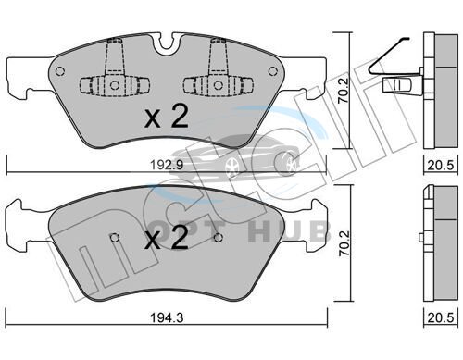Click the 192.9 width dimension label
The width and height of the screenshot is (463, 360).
point(167,166)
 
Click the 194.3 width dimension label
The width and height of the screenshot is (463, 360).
point(167,317)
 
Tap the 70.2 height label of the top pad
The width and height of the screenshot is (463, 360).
point(343,90)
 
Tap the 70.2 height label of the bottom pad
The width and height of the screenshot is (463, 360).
point(344,242)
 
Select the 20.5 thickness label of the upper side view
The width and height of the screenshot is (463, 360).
point(441,166)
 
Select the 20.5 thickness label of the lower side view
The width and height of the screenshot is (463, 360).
point(441,317)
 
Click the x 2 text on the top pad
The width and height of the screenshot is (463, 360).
point(167,117)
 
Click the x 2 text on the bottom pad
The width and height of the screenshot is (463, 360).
point(167,239)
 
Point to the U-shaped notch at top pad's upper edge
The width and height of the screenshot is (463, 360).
point(167,43)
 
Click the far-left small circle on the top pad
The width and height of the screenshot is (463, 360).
point(60,71)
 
